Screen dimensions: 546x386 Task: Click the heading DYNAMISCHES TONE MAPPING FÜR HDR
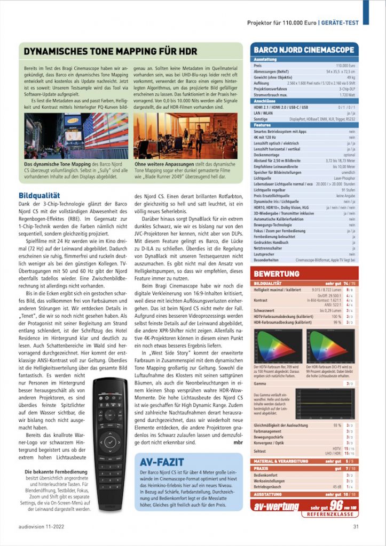pos(111,52)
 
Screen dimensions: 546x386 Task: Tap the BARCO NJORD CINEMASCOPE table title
pos(303,50)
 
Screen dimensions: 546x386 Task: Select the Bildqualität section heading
pos(39,196)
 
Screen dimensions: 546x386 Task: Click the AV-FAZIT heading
pos(163,461)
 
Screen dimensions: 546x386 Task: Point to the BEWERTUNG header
pos(277,274)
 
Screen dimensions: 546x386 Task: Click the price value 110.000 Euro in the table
pos(345,65)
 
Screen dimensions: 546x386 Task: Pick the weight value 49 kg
pos(351,77)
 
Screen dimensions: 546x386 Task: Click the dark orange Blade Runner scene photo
pos(185,136)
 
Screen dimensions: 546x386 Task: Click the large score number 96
pos(335,506)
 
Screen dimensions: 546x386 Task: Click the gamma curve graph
pos(325,404)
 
